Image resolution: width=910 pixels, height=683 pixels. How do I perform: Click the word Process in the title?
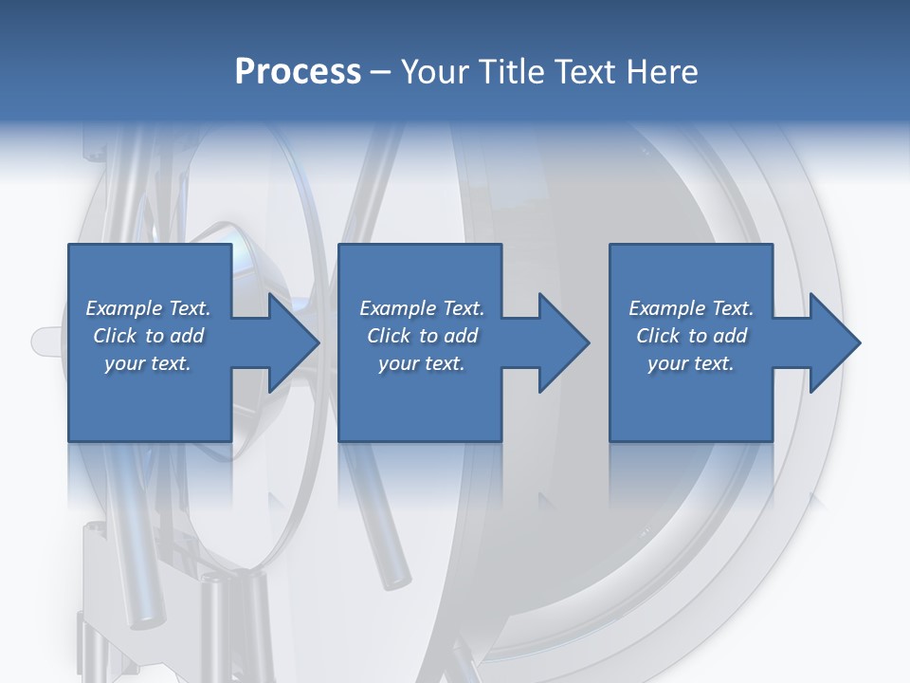click(298, 72)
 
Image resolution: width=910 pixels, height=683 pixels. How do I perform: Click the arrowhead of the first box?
click(294, 342)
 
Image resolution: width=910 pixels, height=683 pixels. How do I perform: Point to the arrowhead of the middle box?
click(565, 342)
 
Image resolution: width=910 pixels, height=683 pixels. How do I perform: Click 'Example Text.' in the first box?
click(148, 308)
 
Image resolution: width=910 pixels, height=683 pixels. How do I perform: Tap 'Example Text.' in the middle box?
click(422, 308)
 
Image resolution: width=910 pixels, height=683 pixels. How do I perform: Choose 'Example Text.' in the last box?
click(691, 308)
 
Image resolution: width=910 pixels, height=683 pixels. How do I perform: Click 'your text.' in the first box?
click(148, 363)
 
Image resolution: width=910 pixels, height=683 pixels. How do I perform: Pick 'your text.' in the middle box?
click(422, 363)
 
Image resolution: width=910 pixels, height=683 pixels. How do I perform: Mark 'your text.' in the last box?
click(691, 363)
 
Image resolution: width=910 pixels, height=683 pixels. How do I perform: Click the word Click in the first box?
click(115, 336)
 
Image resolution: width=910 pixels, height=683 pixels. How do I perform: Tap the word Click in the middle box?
click(389, 336)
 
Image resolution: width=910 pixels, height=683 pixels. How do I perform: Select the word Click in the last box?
click(658, 336)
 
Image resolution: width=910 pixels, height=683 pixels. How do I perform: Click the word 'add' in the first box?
click(187, 336)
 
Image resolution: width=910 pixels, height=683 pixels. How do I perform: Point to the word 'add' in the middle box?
click(461, 336)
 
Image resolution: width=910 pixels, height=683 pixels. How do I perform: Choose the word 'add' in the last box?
click(730, 336)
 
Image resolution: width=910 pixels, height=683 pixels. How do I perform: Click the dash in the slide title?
click(381, 73)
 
